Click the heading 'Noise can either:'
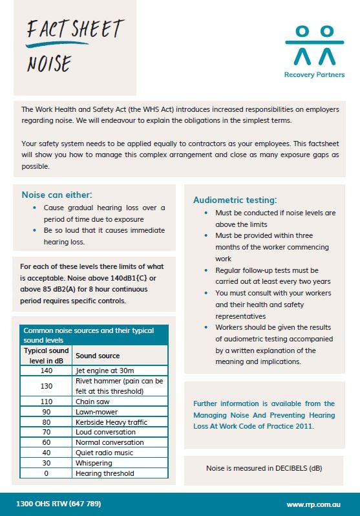click(57, 195)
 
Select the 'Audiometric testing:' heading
click(235, 200)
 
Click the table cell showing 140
click(46, 371)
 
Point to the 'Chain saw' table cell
click(92, 401)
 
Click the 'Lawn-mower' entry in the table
click(95, 411)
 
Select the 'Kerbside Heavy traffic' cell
click(111, 422)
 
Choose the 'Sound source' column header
click(98, 356)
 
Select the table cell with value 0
click(46, 473)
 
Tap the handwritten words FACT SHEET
click(74, 30)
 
